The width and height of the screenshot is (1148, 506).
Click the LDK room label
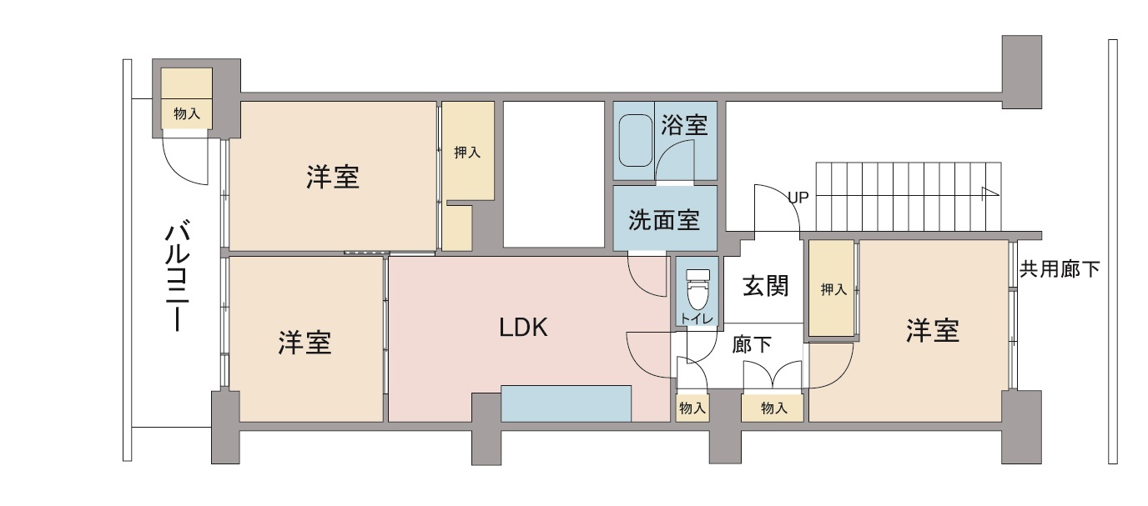[523, 328]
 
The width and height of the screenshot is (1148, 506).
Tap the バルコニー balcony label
[178, 276]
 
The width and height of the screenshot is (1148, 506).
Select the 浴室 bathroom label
[684, 124]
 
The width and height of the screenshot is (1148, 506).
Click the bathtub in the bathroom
[636, 140]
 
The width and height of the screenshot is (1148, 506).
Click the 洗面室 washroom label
[664, 220]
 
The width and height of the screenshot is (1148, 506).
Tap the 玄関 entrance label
[766, 286]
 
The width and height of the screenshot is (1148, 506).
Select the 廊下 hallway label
[752, 344]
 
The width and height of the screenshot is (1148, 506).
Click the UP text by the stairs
[798, 198]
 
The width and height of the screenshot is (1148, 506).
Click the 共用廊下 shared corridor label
[1060, 269]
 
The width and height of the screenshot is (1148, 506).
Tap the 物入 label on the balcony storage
[187, 113]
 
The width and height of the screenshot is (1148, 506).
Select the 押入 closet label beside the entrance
[833, 290]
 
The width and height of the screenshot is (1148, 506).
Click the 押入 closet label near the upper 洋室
[467, 152]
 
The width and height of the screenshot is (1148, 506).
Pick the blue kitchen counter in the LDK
[566, 403]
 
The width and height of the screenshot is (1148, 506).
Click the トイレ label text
[697, 318]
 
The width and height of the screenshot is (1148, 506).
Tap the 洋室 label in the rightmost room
[933, 330]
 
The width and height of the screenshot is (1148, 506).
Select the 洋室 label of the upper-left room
[333, 177]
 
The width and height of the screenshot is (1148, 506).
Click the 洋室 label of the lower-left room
[305, 343]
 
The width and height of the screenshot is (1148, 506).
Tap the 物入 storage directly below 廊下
[774, 408]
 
